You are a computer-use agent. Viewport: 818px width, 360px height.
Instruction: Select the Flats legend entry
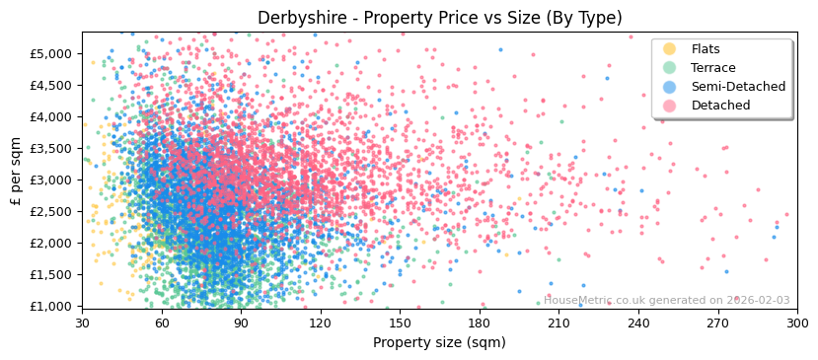705,49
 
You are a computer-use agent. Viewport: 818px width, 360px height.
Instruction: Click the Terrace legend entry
712,68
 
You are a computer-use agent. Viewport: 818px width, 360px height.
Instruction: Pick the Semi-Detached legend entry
738,87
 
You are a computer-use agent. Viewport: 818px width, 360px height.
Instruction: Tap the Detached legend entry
720,106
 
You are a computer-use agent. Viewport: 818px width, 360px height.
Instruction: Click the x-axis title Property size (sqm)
439,343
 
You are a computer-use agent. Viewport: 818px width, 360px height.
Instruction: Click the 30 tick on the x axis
82,324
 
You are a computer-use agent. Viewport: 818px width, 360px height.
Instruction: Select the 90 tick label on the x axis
241,324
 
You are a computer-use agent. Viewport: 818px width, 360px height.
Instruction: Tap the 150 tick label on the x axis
400,324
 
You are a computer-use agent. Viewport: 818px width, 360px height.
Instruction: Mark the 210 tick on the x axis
558,324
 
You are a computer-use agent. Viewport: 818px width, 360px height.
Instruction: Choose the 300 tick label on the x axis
797,324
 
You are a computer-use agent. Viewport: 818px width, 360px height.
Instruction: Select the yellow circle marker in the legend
670,49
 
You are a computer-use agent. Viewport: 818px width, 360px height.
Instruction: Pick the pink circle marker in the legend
670,106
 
